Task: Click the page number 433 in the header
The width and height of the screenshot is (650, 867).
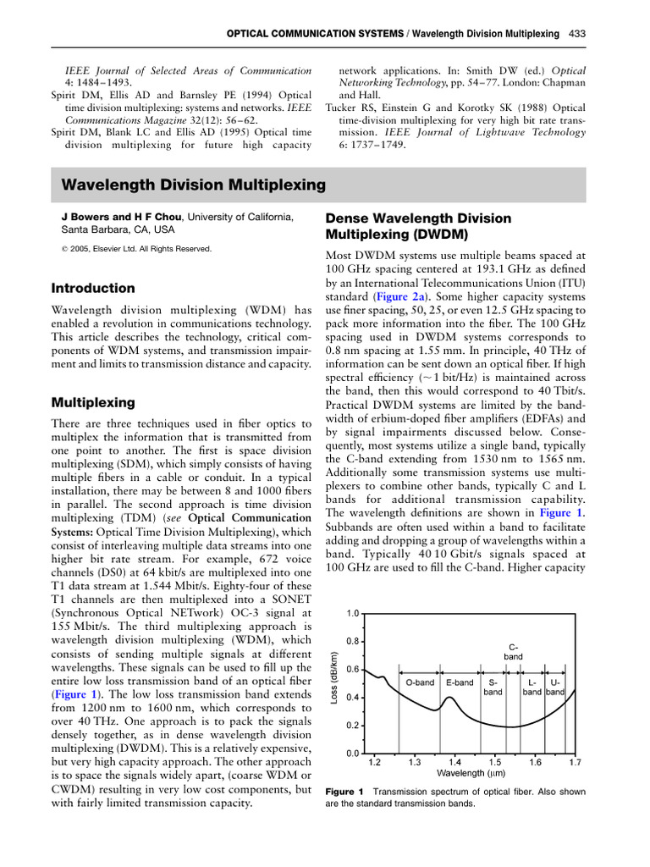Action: (x=576, y=34)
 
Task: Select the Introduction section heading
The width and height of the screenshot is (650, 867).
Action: (x=93, y=288)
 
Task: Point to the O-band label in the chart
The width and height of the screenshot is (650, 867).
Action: (x=420, y=682)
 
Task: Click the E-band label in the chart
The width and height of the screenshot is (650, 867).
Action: (x=460, y=682)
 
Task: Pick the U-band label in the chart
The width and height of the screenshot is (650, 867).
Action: (x=555, y=687)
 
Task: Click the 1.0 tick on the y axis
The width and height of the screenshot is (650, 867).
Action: (x=353, y=612)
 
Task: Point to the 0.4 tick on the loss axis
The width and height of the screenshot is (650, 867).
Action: (x=353, y=697)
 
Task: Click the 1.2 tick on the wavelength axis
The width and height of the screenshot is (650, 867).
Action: (x=374, y=762)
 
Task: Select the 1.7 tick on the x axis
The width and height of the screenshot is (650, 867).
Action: (x=575, y=762)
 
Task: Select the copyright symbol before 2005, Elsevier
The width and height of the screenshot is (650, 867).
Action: (x=55, y=249)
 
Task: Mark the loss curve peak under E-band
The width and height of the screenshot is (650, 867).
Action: (x=454, y=699)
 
